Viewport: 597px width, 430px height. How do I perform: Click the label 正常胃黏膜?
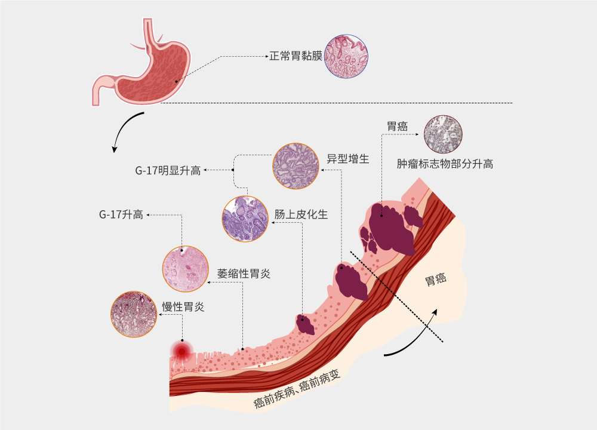296,56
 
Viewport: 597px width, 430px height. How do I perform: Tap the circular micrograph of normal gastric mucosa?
346,56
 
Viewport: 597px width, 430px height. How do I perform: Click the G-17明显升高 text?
168,170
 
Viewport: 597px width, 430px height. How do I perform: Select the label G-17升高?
121,215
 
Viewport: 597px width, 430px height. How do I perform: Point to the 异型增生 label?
348,159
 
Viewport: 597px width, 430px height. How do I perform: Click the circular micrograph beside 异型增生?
296,166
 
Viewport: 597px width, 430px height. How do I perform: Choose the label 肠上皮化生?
301,214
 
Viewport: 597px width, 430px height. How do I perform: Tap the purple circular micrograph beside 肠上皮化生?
245,219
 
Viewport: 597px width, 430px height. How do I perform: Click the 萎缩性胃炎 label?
244,274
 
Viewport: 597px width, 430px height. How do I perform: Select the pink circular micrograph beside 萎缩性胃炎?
186,269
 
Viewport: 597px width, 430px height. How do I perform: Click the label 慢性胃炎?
183,306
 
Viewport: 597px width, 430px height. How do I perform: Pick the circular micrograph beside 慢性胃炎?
134,314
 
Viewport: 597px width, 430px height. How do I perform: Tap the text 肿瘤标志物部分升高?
445,164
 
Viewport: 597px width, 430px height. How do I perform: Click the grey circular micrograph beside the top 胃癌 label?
443,134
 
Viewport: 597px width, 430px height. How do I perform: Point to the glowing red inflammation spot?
182,351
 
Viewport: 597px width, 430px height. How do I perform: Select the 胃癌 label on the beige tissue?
436,279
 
